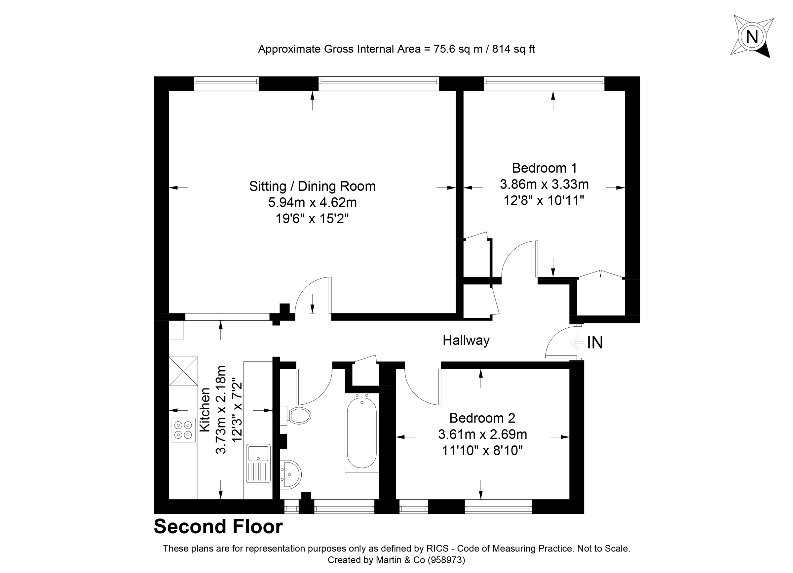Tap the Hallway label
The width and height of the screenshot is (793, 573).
(466, 340)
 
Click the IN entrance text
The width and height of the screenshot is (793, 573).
(595, 343)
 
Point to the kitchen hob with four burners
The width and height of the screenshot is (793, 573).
(183, 430)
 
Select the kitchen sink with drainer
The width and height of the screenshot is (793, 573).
(258, 463)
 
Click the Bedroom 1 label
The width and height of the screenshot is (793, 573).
(544, 168)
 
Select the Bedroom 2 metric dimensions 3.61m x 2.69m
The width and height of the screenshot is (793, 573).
(482, 434)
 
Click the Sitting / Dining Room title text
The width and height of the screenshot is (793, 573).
(312, 186)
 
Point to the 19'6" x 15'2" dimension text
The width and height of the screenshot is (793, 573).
(312, 219)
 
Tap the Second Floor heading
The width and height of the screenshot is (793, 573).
(218, 526)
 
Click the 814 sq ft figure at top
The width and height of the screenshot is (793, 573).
(513, 49)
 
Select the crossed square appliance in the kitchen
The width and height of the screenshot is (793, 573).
(183, 371)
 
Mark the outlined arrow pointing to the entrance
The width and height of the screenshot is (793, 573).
(577, 342)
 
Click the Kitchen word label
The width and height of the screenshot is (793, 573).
(205, 409)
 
